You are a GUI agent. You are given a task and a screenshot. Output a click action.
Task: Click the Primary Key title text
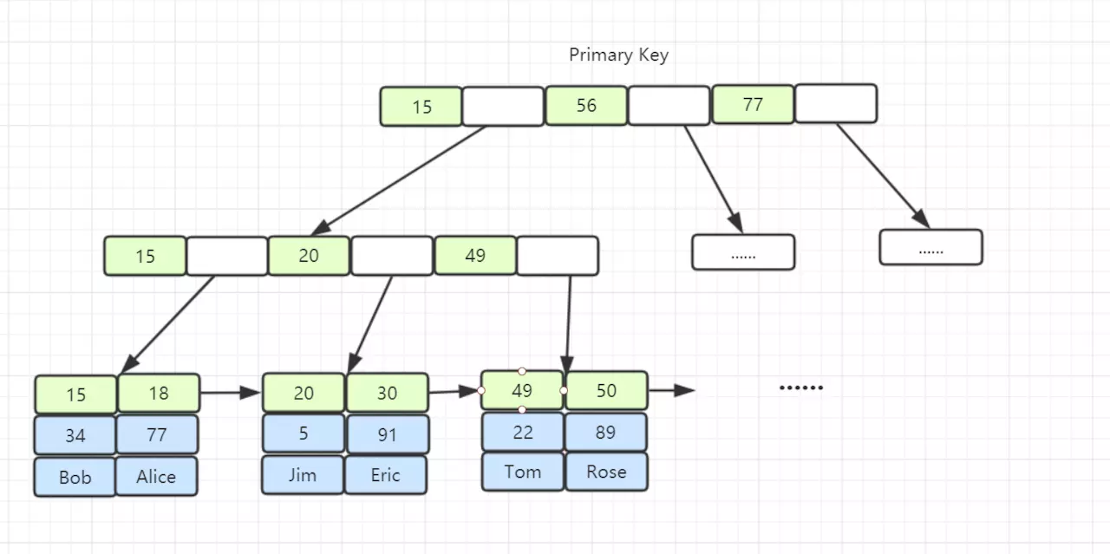click(x=618, y=55)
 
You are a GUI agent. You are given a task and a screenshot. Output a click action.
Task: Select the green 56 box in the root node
click(x=586, y=106)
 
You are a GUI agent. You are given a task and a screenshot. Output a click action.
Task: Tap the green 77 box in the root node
click(x=753, y=105)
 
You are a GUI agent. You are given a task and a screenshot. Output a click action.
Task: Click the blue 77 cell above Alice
click(x=157, y=434)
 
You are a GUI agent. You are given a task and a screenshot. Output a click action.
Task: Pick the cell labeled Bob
click(x=75, y=477)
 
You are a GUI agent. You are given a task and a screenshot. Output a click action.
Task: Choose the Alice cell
click(x=156, y=476)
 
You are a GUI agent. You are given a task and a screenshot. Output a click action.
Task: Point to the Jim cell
click(x=303, y=475)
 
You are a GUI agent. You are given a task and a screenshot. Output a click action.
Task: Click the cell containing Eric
click(x=386, y=475)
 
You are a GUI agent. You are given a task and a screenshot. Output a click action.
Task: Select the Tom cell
click(x=522, y=472)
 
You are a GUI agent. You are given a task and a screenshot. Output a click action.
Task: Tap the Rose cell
click(x=606, y=472)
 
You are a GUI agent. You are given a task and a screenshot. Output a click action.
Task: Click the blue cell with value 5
click(x=303, y=433)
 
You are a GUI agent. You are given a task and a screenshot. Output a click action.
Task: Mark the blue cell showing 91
click(x=387, y=433)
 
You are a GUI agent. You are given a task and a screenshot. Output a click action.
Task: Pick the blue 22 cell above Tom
click(x=522, y=432)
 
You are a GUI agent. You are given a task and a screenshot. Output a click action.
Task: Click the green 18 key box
click(x=159, y=393)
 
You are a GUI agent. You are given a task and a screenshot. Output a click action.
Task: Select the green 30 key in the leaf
click(x=387, y=393)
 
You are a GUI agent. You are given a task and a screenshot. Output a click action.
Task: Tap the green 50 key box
click(x=606, y=390)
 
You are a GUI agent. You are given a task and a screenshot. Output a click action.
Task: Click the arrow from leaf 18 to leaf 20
click(x=230, y=393)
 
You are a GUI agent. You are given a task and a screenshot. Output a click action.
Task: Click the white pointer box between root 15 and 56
click(x=503, y=107)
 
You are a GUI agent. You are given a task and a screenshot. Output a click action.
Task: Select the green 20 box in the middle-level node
click(x=309, y=256)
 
